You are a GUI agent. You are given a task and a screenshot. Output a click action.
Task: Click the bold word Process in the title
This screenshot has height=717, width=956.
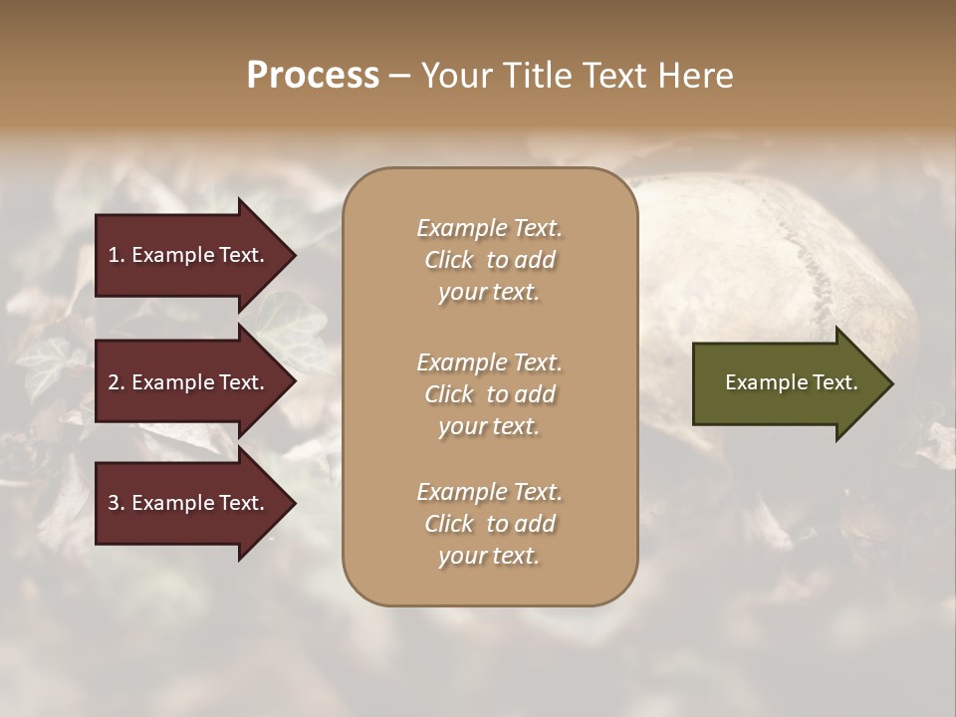pyautogui.click(x=313, y=76)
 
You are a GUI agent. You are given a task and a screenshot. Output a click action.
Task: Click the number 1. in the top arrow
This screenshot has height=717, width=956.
pyautogui.click(x=117, y=255)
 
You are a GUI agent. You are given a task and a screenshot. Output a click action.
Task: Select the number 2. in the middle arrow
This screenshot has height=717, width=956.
pyautogui.click(x=117, y=382)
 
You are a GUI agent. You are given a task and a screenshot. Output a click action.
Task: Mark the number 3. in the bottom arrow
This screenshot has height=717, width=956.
pyautogui.click(x=117, y=503)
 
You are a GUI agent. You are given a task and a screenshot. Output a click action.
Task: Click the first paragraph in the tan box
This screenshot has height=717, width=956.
pyautogui.click(x=489, y=260)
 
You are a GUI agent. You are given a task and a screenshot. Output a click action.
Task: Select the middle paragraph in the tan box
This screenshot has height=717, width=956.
pyautogui.click(x=489, y=393)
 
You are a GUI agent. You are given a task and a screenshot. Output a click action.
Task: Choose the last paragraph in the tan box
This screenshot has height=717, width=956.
pyautogui.click(x=489, y=524)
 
